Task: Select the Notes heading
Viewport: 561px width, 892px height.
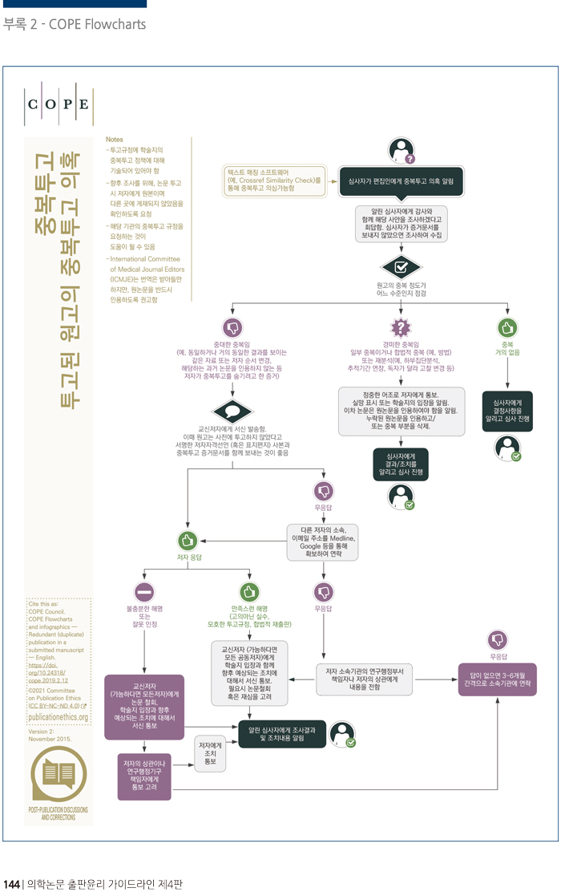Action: coord(115,140)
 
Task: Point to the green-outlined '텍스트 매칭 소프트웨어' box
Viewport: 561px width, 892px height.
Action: coord(273,181)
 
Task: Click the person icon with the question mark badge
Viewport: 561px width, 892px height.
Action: coord(401,149)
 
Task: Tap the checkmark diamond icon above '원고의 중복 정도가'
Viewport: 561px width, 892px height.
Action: coord(401,265)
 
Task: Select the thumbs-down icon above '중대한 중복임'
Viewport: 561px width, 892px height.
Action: coord(233,327)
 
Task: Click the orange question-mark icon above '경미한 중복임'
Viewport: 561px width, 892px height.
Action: coord(401,327)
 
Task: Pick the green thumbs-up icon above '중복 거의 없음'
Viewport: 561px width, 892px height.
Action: coord(507,327)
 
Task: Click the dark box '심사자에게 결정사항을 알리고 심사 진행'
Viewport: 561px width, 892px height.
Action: coord(507,412)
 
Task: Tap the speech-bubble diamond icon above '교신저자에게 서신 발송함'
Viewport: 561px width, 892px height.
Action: coord(233,411)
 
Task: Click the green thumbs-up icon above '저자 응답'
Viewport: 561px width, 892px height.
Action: coord(188,539)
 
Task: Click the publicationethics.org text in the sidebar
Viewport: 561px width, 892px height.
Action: coord(58,716)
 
